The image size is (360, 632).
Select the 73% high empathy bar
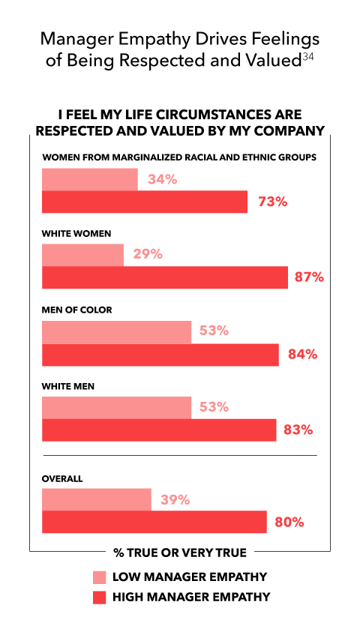point(145,202)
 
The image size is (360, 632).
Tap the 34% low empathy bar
point(90,179)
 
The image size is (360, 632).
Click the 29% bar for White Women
point(83,255)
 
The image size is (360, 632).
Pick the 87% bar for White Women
point(165,277)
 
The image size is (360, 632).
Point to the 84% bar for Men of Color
point(160,355)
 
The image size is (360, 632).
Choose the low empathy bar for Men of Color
point(117,332)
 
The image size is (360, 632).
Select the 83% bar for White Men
point(159,430)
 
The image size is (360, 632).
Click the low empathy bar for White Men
point(117,408)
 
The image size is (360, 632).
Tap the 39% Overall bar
point(97,500)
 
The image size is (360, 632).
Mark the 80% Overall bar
point(154,522)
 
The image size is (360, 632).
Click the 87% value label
point(309,277)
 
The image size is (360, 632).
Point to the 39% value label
point(175,500)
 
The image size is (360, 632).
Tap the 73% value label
point(273,202)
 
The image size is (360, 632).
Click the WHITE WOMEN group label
point(76,234)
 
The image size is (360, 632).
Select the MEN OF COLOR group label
point(77,310)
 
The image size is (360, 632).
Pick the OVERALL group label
point(62,479)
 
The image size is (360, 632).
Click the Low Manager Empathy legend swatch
point(100,577)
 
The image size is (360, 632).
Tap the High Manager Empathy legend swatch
point(100,598)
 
